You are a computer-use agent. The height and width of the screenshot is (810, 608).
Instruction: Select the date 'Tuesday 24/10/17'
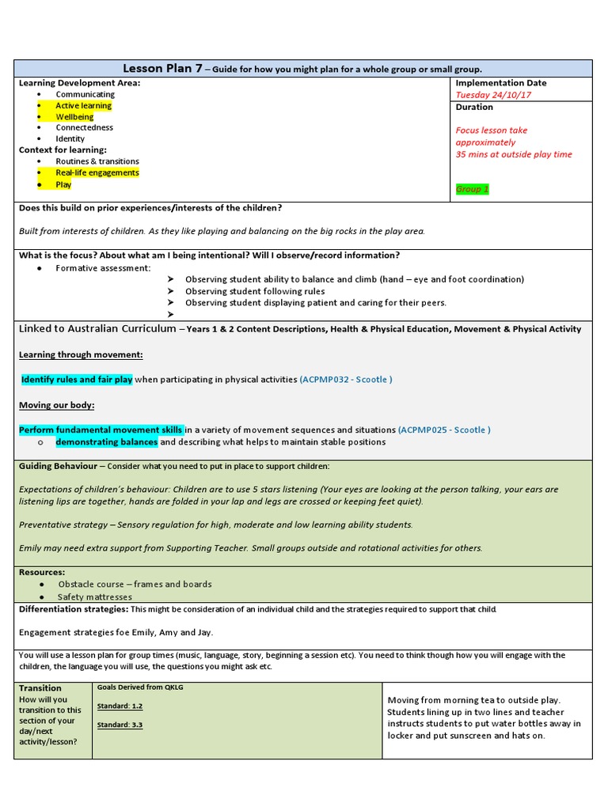(492, 95)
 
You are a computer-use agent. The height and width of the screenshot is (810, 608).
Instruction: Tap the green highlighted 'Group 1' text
(473, 189)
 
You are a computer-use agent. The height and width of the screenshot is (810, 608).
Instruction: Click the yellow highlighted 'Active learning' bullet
(83, 105)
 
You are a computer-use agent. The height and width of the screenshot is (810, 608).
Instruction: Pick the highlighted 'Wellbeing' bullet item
(74, 116)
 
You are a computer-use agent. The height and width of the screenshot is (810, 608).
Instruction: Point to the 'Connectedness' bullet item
(84, 127)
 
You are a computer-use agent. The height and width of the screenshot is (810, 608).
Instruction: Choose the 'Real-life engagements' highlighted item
(97, 172)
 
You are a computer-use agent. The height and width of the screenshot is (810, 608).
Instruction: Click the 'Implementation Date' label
(500, 83)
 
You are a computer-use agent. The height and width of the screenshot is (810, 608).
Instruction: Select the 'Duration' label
(474, 107)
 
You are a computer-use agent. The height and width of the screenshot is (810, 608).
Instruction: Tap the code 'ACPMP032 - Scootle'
(345, 380)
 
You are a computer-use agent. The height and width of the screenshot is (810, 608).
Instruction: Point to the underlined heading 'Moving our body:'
(56, 405)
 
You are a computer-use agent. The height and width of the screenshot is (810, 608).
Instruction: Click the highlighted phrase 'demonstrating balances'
(106, 442)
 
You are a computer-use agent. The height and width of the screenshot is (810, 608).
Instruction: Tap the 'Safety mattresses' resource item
(95, 597)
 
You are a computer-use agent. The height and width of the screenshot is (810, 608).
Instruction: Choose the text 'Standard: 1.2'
(120, 706)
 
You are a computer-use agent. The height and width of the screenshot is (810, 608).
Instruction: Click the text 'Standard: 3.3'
(120, 725)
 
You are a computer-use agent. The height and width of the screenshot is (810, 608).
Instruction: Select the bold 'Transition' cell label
(40, 688)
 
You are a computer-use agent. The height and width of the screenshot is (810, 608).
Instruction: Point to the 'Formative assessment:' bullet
(103, 268)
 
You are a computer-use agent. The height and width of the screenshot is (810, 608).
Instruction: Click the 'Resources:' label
(42, 572)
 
